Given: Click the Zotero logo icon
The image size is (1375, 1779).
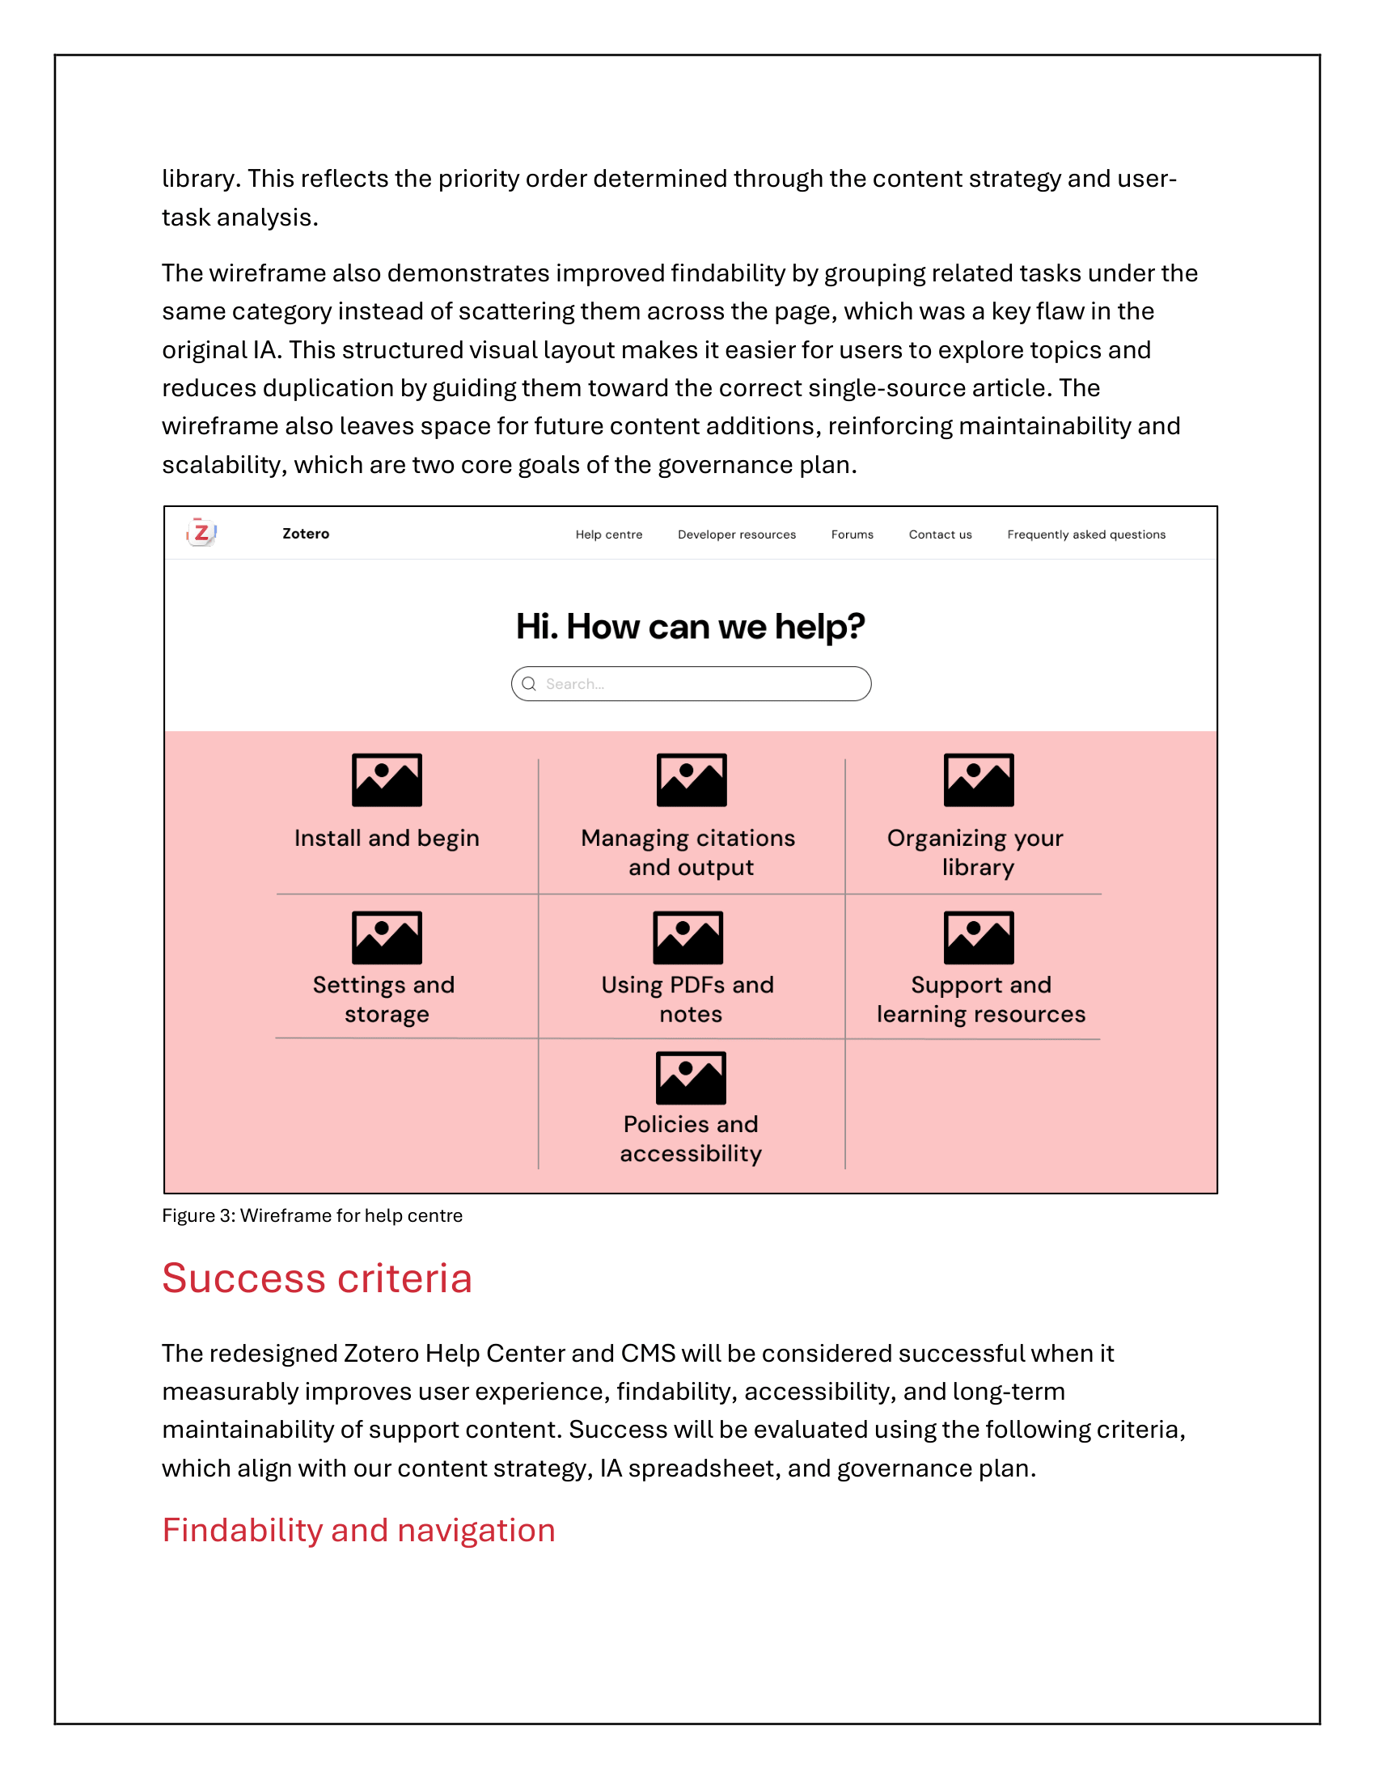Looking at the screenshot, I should pyautogui.click(x=201, y=533).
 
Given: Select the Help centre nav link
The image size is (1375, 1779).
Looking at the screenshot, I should pyautogui.click(x=608, y=535).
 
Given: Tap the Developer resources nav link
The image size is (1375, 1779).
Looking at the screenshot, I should pyautogui.click(x=736, y=535).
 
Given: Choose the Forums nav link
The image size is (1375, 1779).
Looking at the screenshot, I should pyautogui.click(x=852, y=535).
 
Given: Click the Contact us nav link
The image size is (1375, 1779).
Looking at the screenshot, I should pyautogui.click(x=940, y=535).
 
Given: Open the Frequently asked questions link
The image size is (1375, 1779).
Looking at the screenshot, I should pyautogui.click(x=1085, y=535).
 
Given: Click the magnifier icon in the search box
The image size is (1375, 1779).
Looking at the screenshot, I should pyautogui.click(x=529, y=683).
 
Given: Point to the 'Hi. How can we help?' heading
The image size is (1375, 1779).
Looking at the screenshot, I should pyautogui.click(x=690, y=627).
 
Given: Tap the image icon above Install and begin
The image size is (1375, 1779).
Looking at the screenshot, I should pyautogui.click(x=387, y=780).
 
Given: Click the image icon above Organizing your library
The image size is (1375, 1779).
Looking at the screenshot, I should pyautogui.click(x=979, y=780).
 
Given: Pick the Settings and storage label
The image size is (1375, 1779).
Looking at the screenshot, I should pyautogui.click(x=384, y=999).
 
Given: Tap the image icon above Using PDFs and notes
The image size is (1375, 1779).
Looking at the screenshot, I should pyautogui.click(x=688, y=936).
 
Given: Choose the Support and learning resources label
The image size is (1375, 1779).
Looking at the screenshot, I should pyautogui.click(x=981, y=999).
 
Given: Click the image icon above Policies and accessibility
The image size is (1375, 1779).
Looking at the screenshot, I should pyautogui.click(x=691, y=1078).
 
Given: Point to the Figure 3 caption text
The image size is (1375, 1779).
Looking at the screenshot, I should pyautogui.click(x=312, y=1215).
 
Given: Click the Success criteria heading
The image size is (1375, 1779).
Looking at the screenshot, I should pyautogui.click(x=317, y=1277).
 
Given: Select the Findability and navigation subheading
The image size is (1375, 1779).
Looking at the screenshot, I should pyautogui.click(x=358, y=1530).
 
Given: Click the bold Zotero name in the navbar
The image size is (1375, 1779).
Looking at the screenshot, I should pyautogui.click(x=306, y=534).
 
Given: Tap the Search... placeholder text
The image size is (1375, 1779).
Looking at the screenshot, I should pyautogui.click(x=575, y=684).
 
